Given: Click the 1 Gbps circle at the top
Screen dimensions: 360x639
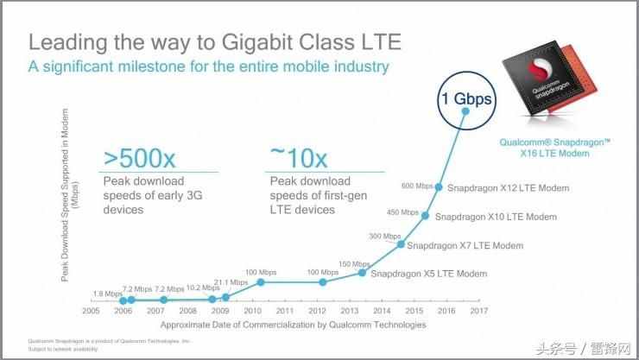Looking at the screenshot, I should click(469, 99).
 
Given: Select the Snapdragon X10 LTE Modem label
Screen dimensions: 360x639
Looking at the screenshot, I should click(496, 217).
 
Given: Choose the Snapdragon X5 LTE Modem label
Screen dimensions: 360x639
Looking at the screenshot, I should click(428, 274).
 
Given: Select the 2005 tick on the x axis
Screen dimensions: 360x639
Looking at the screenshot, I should click(92, 310).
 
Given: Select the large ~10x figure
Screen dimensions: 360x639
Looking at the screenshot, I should click(299, 157).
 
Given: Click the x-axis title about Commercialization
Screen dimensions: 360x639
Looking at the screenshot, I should click(293, 325).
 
